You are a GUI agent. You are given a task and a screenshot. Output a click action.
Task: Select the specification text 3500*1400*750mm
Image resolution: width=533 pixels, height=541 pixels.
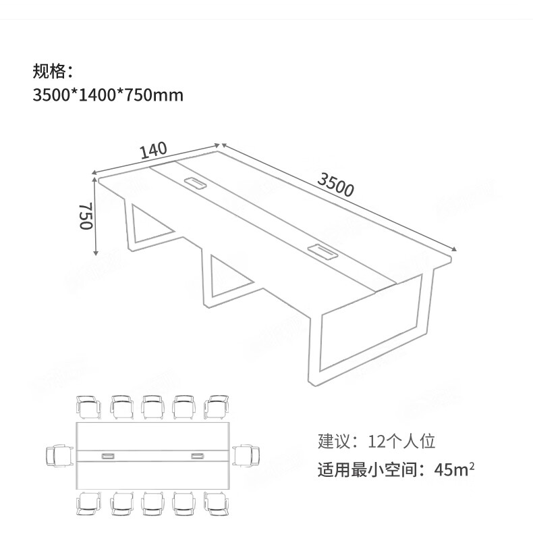pyautogui.click(x=108, y=95)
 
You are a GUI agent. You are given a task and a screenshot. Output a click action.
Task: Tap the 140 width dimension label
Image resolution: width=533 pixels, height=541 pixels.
pyautogui.click(x=154, y=150)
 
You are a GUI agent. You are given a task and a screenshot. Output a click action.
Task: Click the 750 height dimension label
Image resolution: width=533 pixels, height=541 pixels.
pyautogui.click(x=86, y=215)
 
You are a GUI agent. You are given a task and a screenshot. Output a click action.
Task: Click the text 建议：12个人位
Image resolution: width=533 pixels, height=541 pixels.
pyautogui.click(x=376, y=442)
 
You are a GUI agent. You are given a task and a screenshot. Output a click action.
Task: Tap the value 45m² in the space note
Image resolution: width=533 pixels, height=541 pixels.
pyautogui.click(x=454, y=469)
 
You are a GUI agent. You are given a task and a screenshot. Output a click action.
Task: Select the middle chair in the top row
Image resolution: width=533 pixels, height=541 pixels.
pyautogui.click(x=153, y=407)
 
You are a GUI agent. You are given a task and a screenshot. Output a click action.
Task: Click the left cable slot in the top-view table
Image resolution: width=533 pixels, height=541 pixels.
pyautogui.click(x=108, y=457)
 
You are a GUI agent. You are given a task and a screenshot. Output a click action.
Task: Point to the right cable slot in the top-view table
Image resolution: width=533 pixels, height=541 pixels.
pyautogui.click(x=198, y=457)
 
